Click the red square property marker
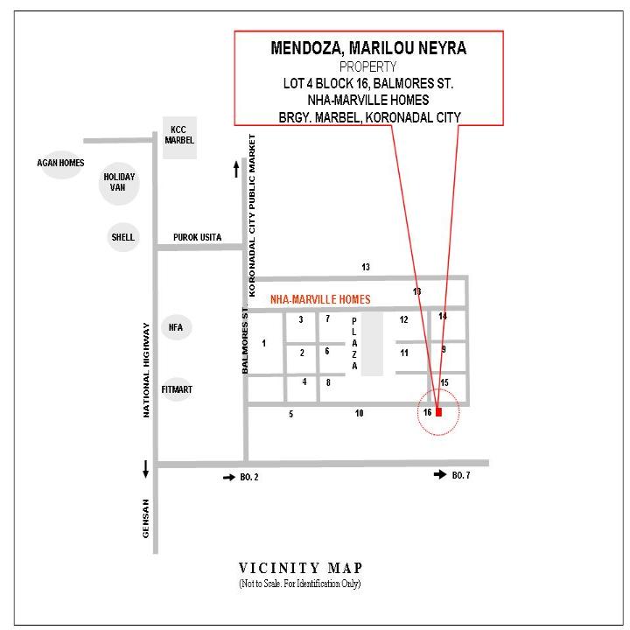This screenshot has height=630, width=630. point(438,412)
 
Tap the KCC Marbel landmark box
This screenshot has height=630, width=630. point(179,138)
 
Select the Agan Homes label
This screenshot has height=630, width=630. point(60,163)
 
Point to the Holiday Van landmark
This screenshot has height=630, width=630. point(119,183)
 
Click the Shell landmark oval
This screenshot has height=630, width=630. point(123,237)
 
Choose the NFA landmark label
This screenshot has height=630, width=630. point(176,327)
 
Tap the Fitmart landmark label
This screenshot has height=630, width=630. point(177,389)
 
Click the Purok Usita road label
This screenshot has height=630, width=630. point(197,237)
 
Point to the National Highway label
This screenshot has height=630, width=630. point(146,370)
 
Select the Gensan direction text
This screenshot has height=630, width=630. point(145,518)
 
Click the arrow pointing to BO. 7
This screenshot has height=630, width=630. point(440,474)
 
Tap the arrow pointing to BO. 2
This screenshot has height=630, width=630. point(229,478)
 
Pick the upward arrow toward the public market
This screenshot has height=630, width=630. point(236,169)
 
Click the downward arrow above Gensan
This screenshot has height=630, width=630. point(145,469)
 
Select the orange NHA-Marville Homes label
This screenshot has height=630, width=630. point(320,299)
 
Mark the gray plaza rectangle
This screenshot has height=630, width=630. point(372,345)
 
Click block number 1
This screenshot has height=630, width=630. point(263,343)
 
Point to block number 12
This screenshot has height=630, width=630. point(403,319)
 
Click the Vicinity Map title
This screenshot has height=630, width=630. point(300,568)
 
